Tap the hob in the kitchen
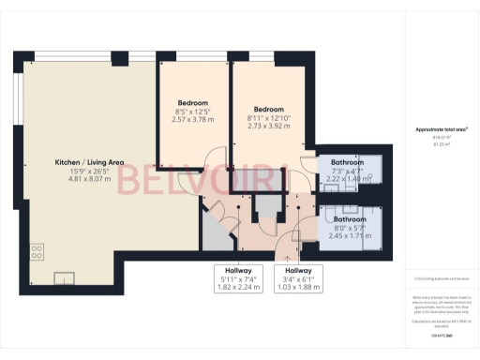tap(37, 252)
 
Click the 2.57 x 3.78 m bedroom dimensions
tap(192, 120)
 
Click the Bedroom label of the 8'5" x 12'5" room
tap(192, 102)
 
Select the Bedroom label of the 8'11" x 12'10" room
tap(266, 107)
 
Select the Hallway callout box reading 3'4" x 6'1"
tap(298, 278)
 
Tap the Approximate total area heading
tap(441, 129)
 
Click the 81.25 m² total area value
tap(441, 145)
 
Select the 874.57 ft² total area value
tap(441, 139)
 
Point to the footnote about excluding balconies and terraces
tap(441, 278)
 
